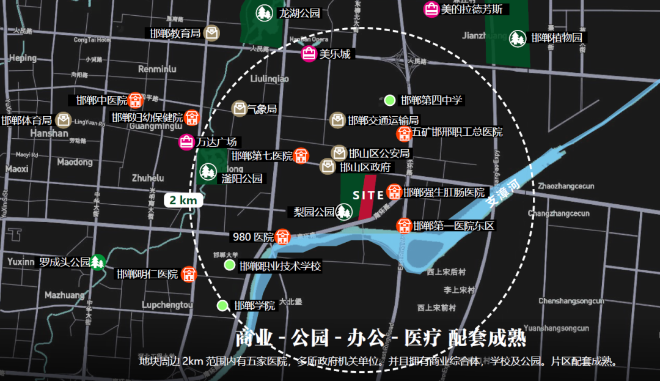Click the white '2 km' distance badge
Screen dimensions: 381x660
coord(183,200)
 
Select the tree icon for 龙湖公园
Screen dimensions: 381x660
coord(265,12)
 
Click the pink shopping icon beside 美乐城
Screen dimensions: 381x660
coord(309,54)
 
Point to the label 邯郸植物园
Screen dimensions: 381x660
coord(556,38)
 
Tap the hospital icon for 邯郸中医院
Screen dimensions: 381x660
coord(136,100)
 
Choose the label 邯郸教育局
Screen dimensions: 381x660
coord(175,33)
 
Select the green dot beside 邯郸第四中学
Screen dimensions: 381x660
coord(390,100)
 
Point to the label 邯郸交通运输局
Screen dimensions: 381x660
coord(383,120)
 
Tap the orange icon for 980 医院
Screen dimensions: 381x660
coord(282,236)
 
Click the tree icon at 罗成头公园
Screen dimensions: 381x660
coord(97,262)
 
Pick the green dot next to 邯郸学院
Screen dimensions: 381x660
coord(223,305)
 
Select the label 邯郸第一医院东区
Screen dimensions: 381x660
coord(453,226)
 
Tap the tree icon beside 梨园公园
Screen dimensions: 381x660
coord(345,212)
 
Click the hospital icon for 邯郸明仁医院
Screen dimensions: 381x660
coord(189,273)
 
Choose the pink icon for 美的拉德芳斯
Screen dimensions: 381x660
coord(431,9)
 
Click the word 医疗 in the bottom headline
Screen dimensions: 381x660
coord(420,338)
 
